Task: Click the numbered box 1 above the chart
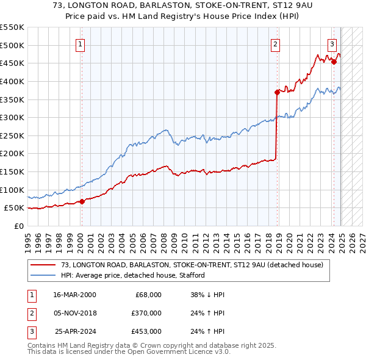click(81, 43)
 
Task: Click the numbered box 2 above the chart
click(276, 43)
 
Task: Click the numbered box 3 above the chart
click(332, 43)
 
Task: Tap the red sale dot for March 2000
click(82, 202)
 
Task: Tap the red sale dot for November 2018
click(277, 92)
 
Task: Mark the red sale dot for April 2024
click(334, 62)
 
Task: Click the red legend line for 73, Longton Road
click(43, 265)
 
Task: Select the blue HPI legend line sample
click(43, 275)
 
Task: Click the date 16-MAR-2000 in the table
click(74, 295)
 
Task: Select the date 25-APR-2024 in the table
click(74, 331)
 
